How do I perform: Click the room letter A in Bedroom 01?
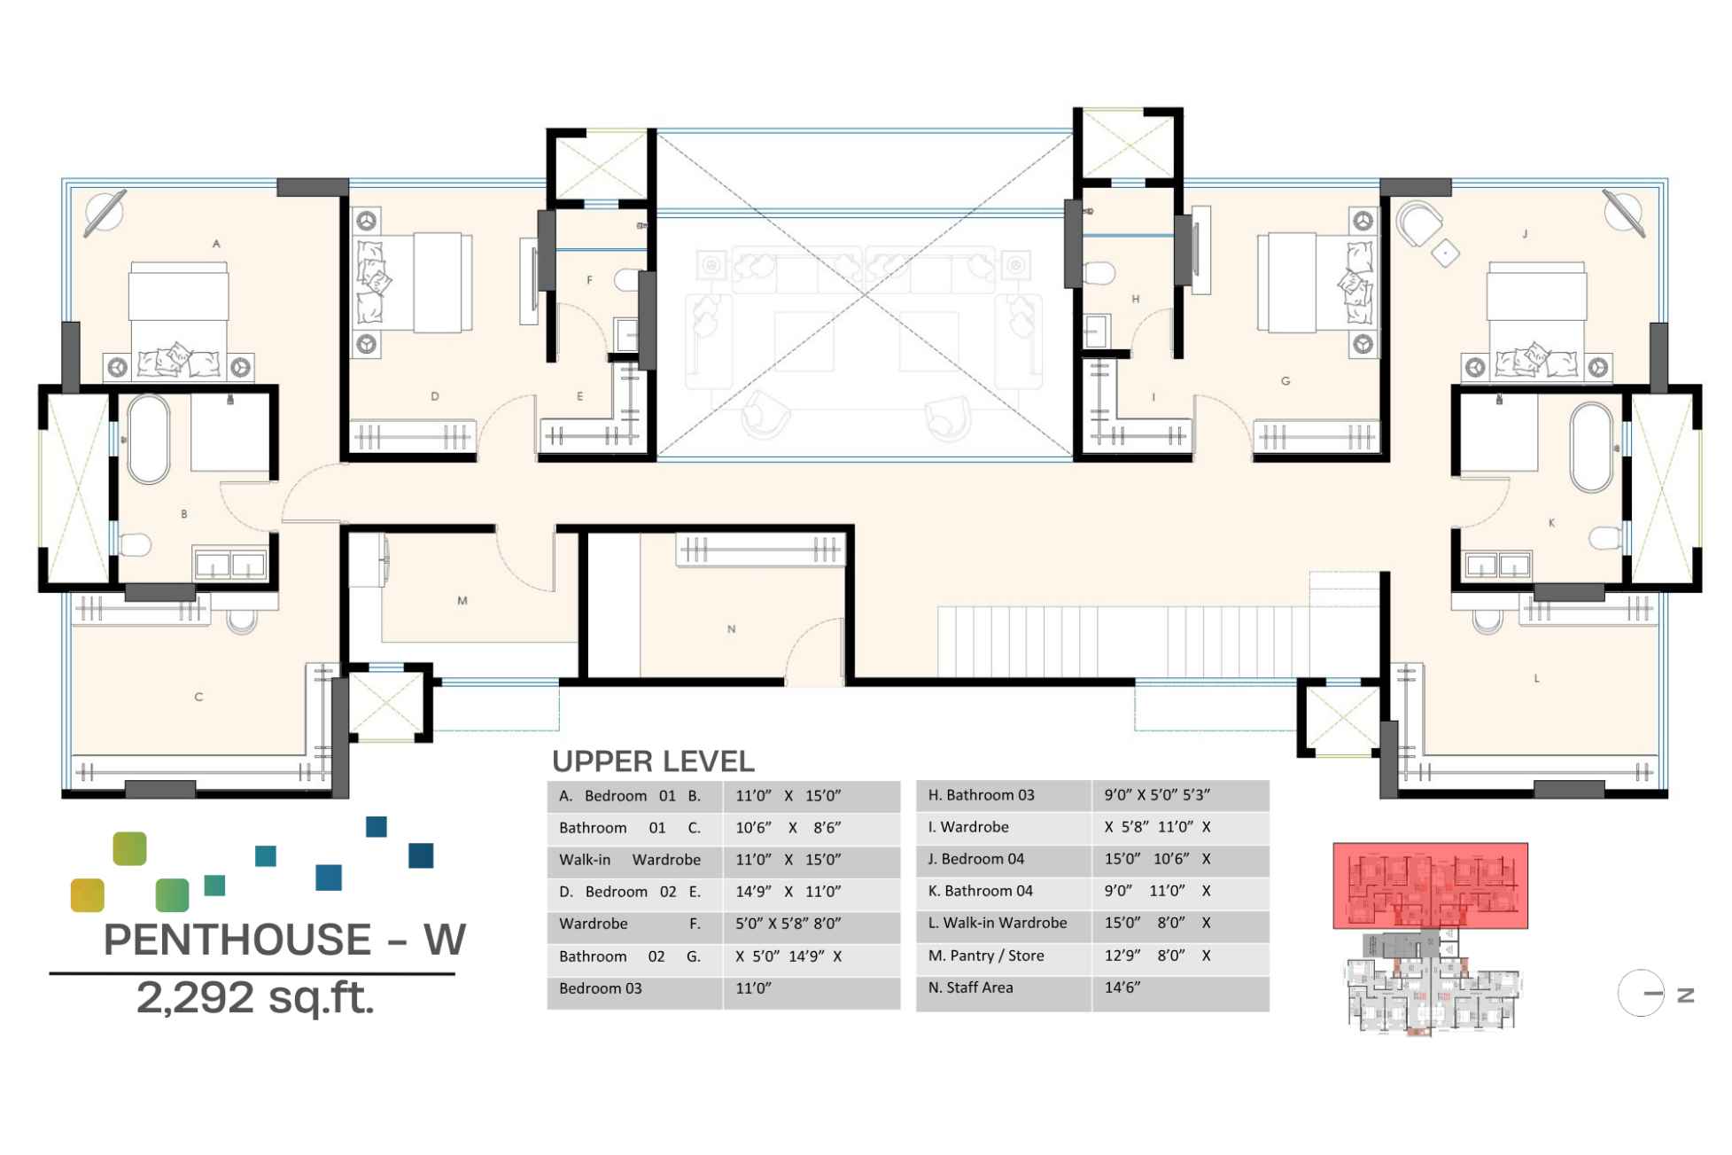(x=216, y=244)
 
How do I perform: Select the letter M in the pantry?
(x=462, y=601)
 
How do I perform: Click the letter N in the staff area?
(x=732, y=629)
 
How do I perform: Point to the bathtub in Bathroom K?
(x=1592, y=448)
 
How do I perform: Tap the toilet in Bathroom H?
(x=1099, y=272)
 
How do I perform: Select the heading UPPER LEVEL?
(x=653, y=761)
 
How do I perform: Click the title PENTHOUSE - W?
(x=283, y=940)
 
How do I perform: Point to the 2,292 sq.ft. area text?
(x=255, y=998)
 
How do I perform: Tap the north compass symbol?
(x=1642, y=994)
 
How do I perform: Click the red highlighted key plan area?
(x=1430, y=886)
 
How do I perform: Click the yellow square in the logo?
(x=88, y=895)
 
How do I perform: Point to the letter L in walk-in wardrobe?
(x=1537, y=678)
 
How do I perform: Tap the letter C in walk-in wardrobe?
(x=198, y=698)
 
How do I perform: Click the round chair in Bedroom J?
(x=1417, y=222)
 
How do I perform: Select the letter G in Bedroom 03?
(x=1285, y=381)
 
